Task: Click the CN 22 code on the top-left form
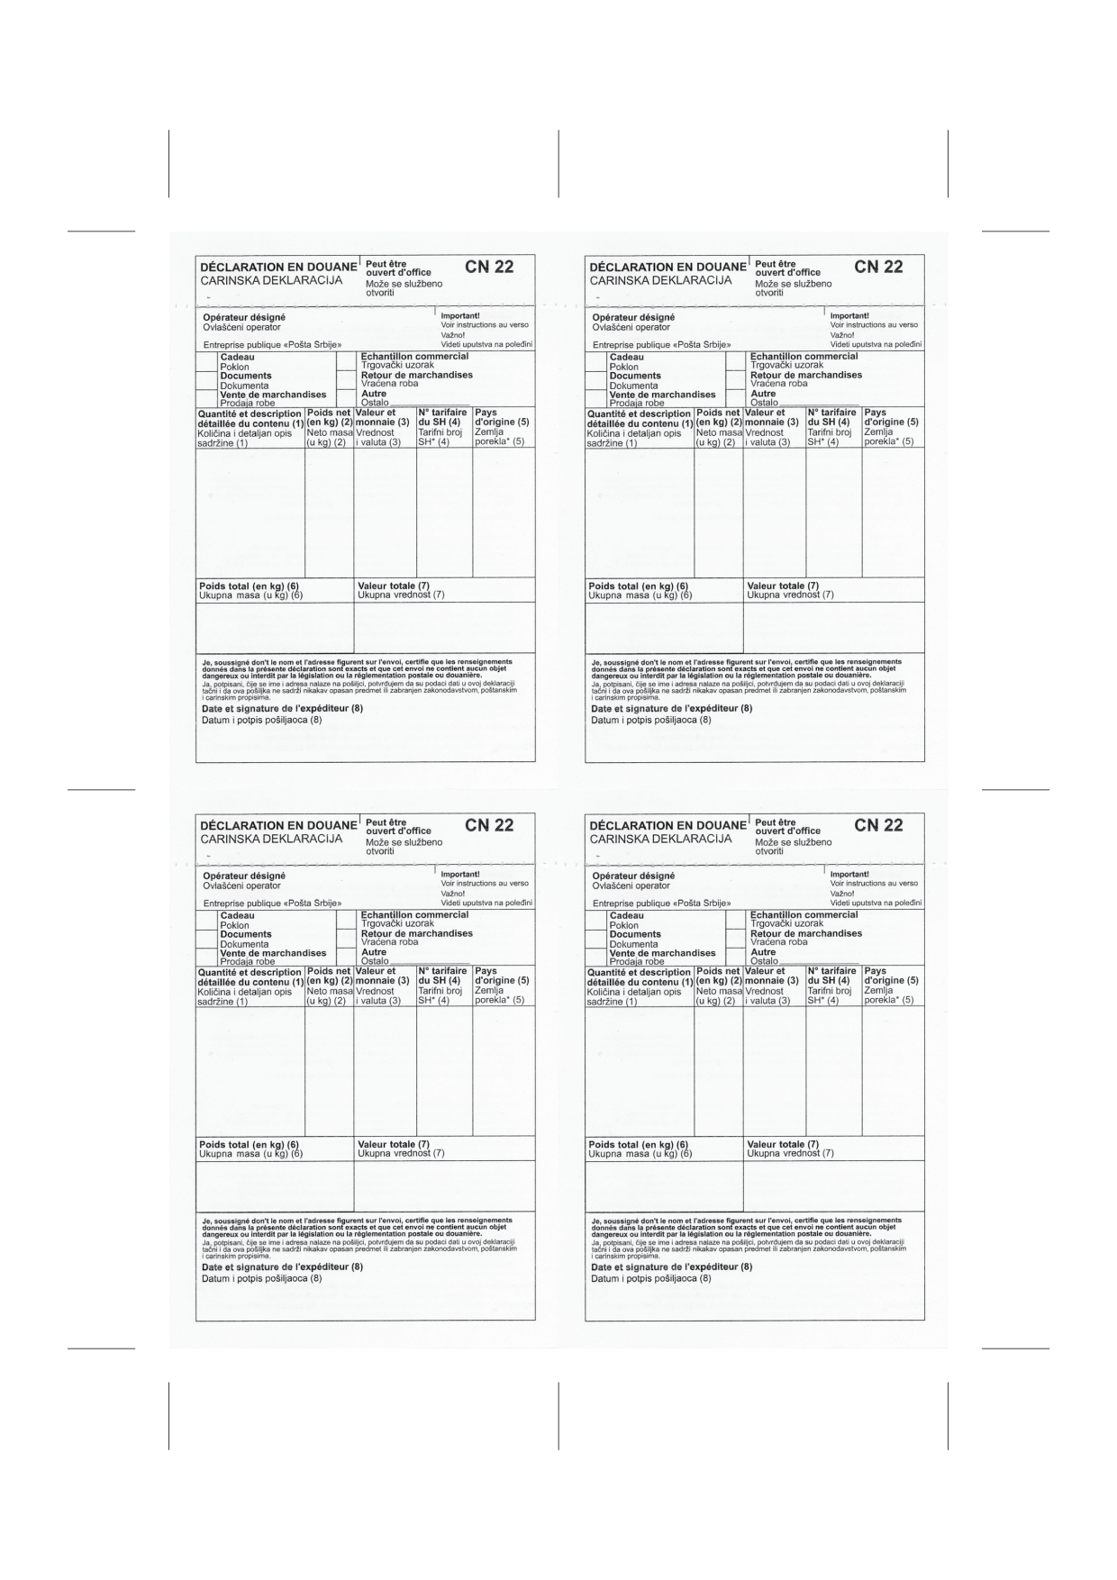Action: (x=489, y=267)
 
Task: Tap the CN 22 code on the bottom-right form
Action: (x=878, y=825)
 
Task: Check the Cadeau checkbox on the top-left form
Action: (x=207, y=361)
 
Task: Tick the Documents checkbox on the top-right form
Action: (x=596, y=380)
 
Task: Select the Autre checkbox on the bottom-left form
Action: (x=347, y=956)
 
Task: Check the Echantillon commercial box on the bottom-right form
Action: (x=736, y=920)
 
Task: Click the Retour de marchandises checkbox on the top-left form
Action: (x=347, y=379)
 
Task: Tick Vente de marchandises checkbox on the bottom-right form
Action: (x=596, y=957)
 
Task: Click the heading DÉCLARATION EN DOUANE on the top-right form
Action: (x=667, y=268)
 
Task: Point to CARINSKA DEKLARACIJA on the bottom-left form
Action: (x=271, y=839)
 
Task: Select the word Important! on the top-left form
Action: (x=459, y=316)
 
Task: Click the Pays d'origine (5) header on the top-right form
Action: (x=890, y=417)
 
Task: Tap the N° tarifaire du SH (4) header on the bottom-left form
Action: (x=442, y=976)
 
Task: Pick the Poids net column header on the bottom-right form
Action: (x=718, y=976)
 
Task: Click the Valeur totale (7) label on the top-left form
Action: (x=393, y=586)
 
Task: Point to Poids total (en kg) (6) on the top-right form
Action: (x=638, y=586)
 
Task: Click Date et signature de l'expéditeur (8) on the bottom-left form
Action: (x=282, y=1267)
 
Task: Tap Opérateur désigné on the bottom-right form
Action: (x=633, y=876)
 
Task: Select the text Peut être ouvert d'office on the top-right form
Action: (x=787, y=268)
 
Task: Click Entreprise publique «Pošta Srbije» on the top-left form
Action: (x=272, y=345)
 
